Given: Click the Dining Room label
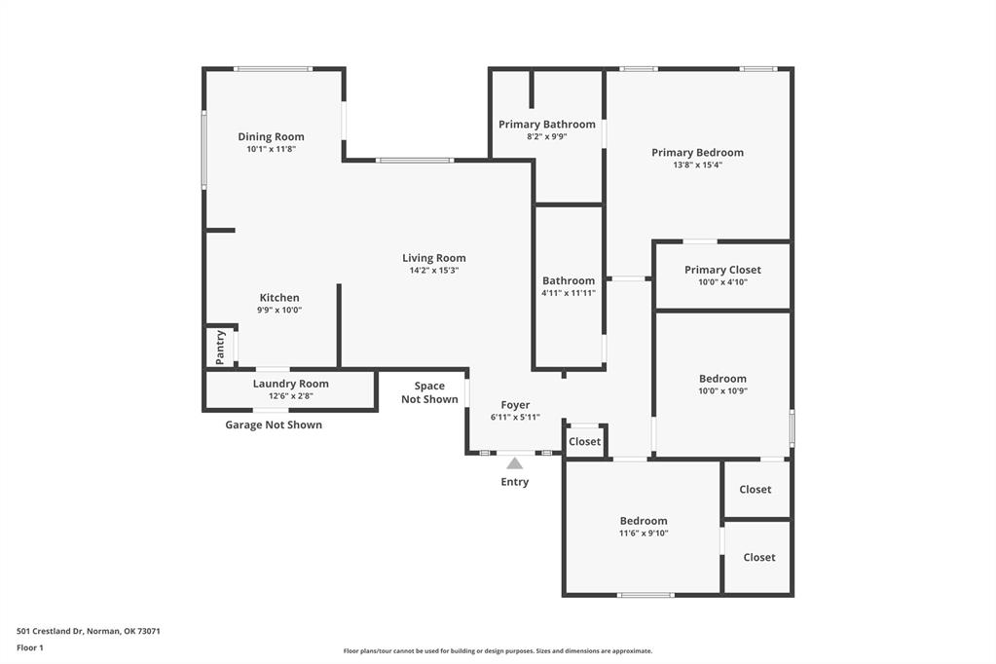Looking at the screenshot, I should (271, 137).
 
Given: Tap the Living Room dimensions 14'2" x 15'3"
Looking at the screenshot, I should (434, 271).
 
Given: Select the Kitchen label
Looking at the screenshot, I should (279, 298).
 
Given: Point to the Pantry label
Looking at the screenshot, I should (220, 348).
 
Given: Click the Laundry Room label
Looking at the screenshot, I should (290, 384).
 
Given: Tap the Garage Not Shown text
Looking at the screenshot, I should (274, 424).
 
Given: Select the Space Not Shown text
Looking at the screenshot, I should (429, 392).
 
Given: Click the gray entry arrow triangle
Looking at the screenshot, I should (514, 463).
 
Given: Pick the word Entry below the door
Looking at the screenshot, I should (514, 482).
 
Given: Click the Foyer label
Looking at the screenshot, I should (515, 405).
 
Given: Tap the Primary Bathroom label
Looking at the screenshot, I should (546, 125).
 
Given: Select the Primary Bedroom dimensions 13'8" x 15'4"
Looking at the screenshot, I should (697, 166).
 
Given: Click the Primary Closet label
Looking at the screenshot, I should (722, 270).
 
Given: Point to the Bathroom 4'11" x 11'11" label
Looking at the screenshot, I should (569, 286).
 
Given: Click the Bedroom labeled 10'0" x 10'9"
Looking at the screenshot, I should (722, 379).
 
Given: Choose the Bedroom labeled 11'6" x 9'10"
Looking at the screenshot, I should (644, 521).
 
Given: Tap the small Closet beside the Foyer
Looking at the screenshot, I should (585, 442).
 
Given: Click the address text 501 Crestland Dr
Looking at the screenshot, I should (89, 631).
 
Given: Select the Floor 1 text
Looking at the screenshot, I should (30, 646).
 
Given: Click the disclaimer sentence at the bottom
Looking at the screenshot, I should (498, 651).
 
